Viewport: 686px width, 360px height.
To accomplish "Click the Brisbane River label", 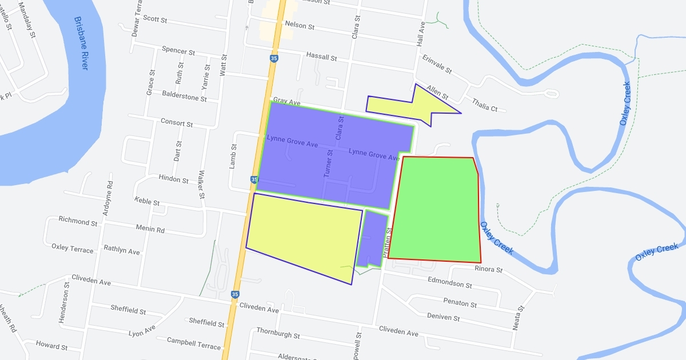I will [x=81, y=43].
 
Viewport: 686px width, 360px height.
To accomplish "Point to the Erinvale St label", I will [x=437, y=65].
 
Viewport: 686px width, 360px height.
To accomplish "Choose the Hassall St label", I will [x=321, y=58].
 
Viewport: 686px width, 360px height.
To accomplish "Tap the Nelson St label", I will [x=300, y=26].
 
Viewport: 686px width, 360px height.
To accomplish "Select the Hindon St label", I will [x=174, y=179].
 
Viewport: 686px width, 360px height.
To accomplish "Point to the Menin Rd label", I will [x=150, y=230].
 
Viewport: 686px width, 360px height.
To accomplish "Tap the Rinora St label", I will [x=488, y=269].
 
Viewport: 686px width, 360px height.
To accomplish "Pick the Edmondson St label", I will [x=450, y=282].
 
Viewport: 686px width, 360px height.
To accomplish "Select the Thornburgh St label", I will [x=278, y=333].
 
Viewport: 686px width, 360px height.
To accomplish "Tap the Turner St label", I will [x=329, y=163].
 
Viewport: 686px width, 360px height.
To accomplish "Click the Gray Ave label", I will [x=286, y=102].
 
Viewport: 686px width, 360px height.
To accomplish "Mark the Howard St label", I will [x=51, y=346].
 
